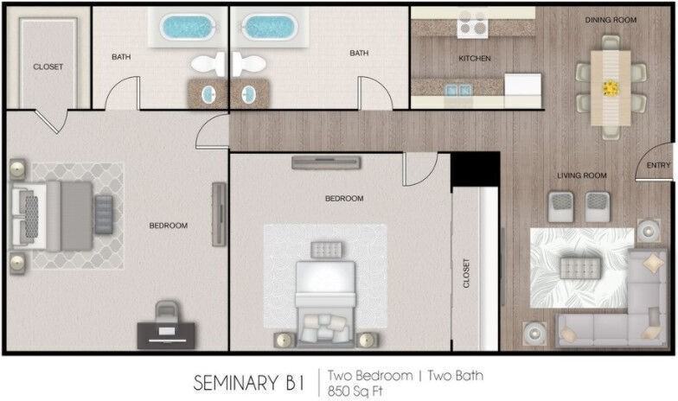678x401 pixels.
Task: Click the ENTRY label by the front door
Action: tap(658, 165)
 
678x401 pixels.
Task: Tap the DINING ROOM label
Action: tap(611, 20)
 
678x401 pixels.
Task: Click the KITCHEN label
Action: tap(475, 59)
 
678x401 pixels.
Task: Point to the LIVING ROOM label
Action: tap(581, 175)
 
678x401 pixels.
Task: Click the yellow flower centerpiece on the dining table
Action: tap(611, 88)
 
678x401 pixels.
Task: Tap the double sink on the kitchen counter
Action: tap(458, 90)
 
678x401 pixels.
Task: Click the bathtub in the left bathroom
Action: tap(188, 27)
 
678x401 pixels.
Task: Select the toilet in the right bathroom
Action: tap(249, 64)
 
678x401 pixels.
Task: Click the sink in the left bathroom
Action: tap(209, 93)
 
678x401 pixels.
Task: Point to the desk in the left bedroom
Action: tap(166, 335)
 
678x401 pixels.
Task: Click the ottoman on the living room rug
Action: tap(580, 268)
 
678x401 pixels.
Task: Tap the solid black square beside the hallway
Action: tap(476, 169)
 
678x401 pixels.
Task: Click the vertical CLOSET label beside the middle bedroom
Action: tap(465, 273)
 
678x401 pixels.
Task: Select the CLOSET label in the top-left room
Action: tap(48, 67)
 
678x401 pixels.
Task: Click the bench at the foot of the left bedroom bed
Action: tap(104, 214)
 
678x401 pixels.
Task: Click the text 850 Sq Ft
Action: tap(355, 391)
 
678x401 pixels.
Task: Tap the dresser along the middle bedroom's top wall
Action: tap(326, 162)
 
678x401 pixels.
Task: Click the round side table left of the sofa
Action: tap(534, 333)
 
